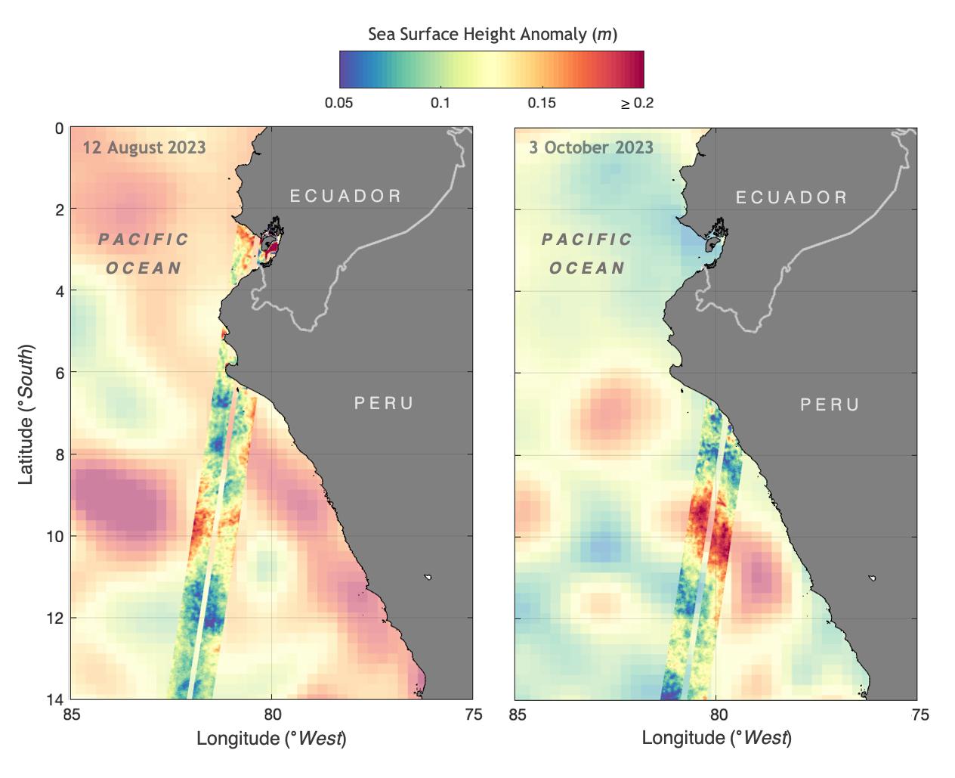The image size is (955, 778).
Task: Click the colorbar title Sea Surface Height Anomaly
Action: [492, 34]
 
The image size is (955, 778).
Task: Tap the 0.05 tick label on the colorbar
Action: [338, 104]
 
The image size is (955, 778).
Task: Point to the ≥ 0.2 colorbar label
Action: [637, 104]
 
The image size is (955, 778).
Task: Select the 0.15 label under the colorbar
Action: [542, 104]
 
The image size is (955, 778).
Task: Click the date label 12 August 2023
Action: [144, 147]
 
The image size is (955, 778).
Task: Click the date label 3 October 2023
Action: [591, 147]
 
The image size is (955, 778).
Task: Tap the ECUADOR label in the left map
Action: [346, 197]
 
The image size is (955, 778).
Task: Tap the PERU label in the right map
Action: [830, 405]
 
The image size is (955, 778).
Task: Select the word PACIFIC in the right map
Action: [587, 240]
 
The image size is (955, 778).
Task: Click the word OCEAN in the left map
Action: [144, 268]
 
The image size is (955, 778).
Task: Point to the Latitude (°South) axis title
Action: [27, 414]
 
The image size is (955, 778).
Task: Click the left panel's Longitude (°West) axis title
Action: [271, 738]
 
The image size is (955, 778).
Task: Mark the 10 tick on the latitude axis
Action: [54, 536]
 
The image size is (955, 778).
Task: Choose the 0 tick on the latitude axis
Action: [59, 129]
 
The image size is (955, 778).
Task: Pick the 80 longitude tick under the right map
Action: [718, 715]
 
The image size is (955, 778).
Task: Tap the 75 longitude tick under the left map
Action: [472, 715]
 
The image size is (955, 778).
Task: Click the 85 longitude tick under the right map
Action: [517, 715]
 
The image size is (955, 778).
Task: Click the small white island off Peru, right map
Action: [873, 578]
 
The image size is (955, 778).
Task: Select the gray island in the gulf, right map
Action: [710, 245]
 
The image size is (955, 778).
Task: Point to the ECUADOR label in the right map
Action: [792, 198]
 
